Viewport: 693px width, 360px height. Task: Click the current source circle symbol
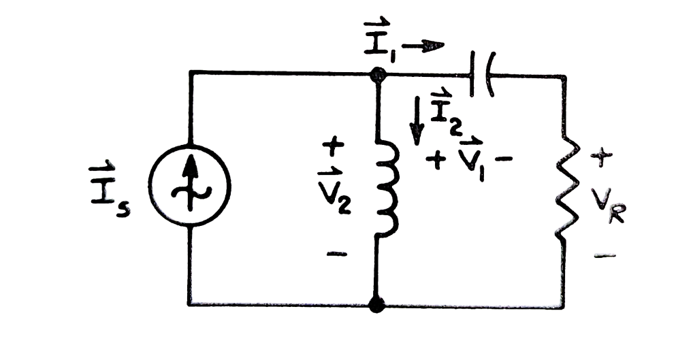point(191,186)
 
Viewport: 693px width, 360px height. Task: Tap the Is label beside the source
point(113,186)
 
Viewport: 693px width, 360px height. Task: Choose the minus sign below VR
point(605,257)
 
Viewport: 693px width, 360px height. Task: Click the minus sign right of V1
point(506,162)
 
